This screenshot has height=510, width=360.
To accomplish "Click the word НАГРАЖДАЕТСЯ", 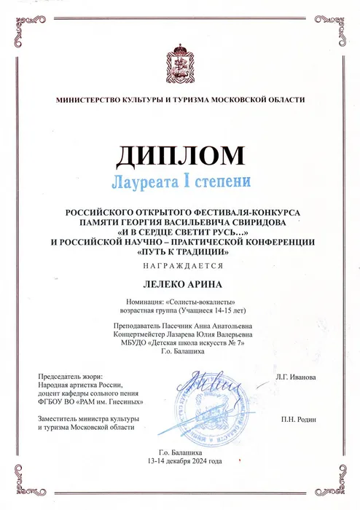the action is point(179,267).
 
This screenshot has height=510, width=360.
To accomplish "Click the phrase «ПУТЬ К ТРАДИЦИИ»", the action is point(179,251).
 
